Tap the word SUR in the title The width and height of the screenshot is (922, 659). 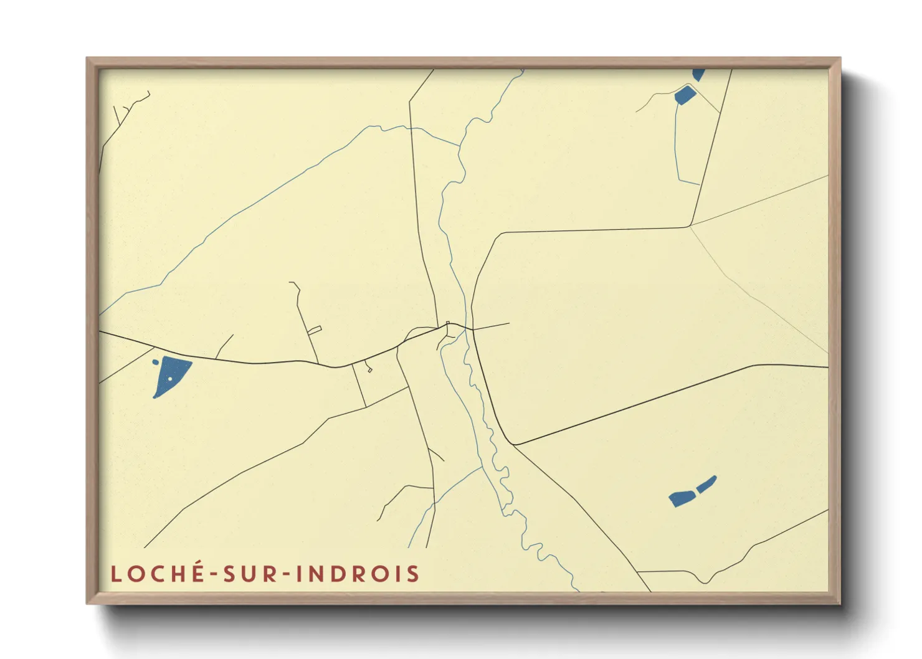[249, 574]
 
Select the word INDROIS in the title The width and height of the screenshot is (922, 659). [358, 574]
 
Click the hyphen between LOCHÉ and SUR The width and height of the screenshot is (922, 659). [214, 575]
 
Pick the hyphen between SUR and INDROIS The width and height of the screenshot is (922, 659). [285, 575]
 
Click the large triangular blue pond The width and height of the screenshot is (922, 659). [171, 373]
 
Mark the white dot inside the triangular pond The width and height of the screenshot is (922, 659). [169, 378]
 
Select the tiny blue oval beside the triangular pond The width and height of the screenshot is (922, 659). [155, 362]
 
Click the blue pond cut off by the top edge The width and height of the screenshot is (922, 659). [698, 74]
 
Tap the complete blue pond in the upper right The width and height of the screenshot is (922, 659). [685, 95]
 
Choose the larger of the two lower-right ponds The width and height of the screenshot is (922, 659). [682, 498]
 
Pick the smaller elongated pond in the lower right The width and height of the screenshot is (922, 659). [706, 484]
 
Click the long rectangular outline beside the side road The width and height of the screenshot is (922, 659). [315, 330]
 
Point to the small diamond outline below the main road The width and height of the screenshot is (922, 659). [369, 370]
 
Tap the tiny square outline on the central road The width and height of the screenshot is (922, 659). [448, 323]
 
